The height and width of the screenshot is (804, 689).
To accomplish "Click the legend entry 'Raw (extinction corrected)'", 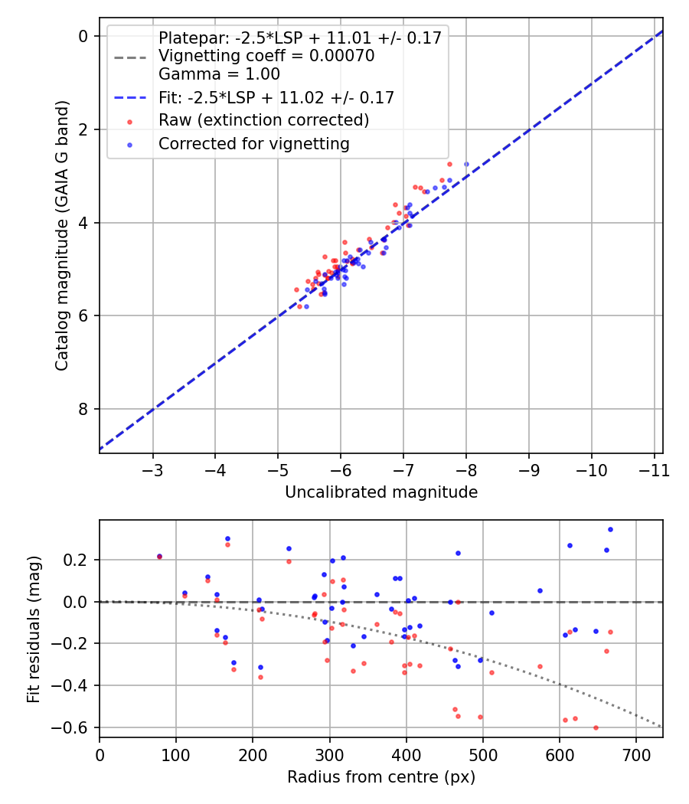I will tap(263, 120).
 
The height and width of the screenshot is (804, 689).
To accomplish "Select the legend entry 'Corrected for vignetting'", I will tap(253, 143).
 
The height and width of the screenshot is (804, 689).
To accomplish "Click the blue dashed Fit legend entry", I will tap(276, 97).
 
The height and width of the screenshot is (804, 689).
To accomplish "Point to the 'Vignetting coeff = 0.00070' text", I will tap(266, 56).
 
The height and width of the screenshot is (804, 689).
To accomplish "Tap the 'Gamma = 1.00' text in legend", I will tap(219, 74).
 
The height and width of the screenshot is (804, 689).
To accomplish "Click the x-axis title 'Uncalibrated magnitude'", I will tap(381, 492).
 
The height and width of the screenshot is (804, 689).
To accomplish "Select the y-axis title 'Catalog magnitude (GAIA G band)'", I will tap(63, 244).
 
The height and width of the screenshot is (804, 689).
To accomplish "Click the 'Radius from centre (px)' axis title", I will tap(381, 777).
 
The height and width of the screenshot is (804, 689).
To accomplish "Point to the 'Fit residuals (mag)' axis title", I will tap(34, 629).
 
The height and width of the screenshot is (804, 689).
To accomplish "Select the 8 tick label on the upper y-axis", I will tap(84, 409).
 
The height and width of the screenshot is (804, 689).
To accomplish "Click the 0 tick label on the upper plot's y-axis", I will tap(84, 36).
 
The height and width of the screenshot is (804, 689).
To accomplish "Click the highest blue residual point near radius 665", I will tap(610, 529).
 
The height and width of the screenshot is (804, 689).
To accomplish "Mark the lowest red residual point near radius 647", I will tap(596, 727).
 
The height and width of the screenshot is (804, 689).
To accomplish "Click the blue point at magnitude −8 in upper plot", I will tap(466, 164).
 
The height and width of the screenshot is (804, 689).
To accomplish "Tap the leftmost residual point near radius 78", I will tap(159, 557).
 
